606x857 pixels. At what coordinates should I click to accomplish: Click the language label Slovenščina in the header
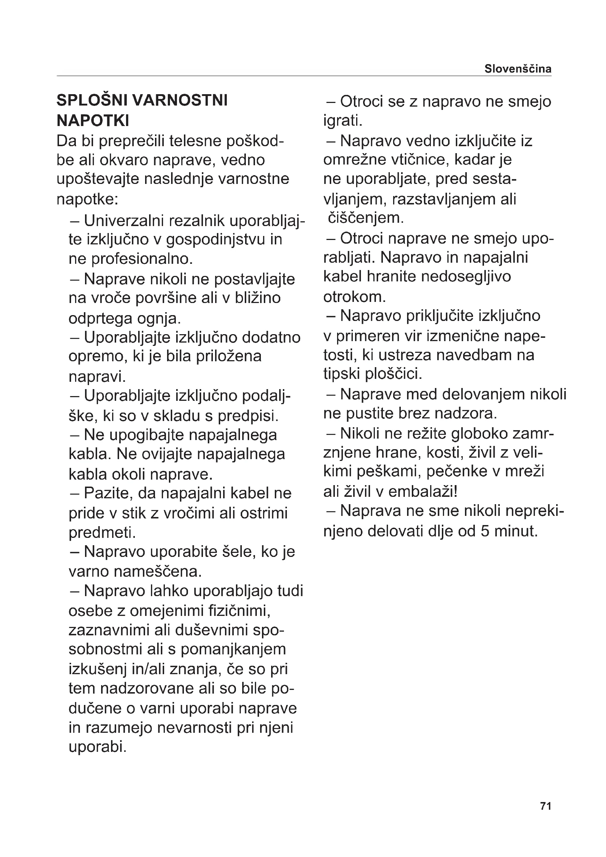coord(518,69)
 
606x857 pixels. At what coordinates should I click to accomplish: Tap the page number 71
coord(546,816)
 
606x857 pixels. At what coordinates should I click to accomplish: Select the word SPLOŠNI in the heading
coord(91,100)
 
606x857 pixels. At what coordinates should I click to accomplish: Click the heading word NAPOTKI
coord(93,121)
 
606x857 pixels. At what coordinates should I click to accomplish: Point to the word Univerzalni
coord(124,221)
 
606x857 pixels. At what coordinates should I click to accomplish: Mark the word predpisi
coord(248,415)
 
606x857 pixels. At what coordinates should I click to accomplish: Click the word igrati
coord(343,121)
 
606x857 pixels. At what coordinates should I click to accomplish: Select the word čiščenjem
coord(366,218)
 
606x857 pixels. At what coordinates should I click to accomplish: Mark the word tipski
coord(341,374)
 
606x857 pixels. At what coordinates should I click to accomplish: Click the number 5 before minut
coord(485,531)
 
